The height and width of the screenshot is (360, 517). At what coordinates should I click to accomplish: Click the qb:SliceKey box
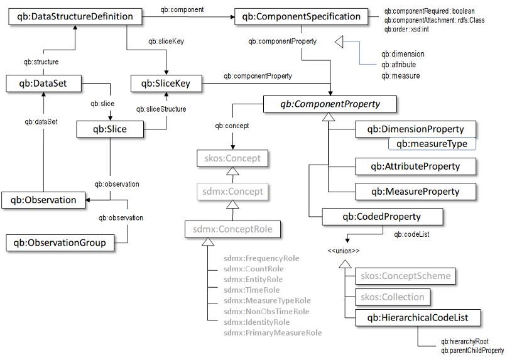pyautogui.click(x=166, y=82)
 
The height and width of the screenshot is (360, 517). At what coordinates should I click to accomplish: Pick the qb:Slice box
pyautogui.click(x=111, y=129)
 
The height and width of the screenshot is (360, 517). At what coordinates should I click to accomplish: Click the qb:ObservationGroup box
pyautogui.click(x=60, y=242)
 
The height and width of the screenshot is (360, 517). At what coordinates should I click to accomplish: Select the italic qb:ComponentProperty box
pyautogui.click(x=330, y=103)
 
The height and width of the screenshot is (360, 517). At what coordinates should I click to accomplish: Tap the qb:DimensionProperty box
pyautogui.click(x=415, y=129)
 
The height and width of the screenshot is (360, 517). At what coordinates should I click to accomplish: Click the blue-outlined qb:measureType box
pyautogui.click(x=432, y=145)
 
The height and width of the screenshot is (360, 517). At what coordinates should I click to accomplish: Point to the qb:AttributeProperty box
pyautogui.click(x=415, y=166)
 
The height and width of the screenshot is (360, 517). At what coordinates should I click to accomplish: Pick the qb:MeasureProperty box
pyautogui.click(x=415, y=191)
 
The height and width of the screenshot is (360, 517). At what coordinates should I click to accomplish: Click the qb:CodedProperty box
pyautogui.click(x=383, y=217)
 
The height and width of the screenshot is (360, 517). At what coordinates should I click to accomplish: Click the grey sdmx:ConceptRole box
pyautogui.click(x=232, y=229)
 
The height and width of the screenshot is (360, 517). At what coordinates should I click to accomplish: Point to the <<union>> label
pyautogui.click(x=343, y=251)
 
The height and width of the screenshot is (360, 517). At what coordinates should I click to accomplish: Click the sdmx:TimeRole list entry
pyautogui.click(x=252, y=290)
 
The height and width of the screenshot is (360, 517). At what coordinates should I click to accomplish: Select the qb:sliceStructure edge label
pyautogui.click(x=161, y=109)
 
